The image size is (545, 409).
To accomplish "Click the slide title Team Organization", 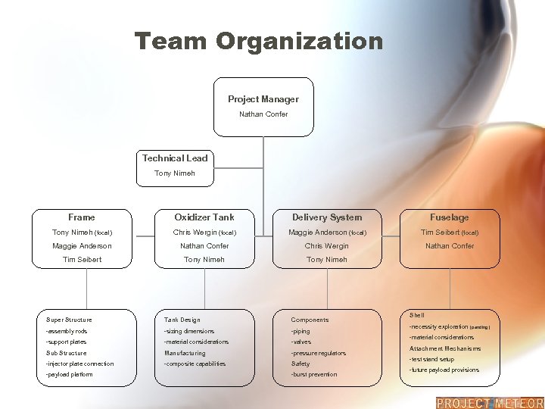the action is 259,41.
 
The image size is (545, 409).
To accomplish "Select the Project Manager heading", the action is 263,99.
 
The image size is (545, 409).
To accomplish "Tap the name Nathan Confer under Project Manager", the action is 263,114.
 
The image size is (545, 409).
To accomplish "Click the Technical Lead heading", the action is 175,158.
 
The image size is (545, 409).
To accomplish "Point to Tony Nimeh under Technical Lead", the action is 175,173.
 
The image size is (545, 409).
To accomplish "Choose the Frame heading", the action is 82,217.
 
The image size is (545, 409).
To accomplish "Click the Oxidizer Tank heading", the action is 204,217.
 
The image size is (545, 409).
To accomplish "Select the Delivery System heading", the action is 327,217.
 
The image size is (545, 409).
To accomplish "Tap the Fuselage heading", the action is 450,217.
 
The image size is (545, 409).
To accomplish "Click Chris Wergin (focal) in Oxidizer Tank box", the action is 204,233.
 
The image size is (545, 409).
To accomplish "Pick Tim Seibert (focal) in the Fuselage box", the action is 450,233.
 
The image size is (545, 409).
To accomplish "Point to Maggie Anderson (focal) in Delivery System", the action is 327,233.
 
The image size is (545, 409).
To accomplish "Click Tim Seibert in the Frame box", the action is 82,260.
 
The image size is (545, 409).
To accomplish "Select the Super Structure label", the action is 69,320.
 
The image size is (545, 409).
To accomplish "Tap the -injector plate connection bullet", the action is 79,364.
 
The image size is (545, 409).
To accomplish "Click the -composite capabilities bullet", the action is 195,364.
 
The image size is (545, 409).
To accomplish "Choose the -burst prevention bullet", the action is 314,375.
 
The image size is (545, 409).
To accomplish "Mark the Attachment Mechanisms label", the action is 445,348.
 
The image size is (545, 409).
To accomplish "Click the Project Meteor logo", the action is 490,403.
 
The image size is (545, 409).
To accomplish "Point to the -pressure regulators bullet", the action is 319,354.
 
